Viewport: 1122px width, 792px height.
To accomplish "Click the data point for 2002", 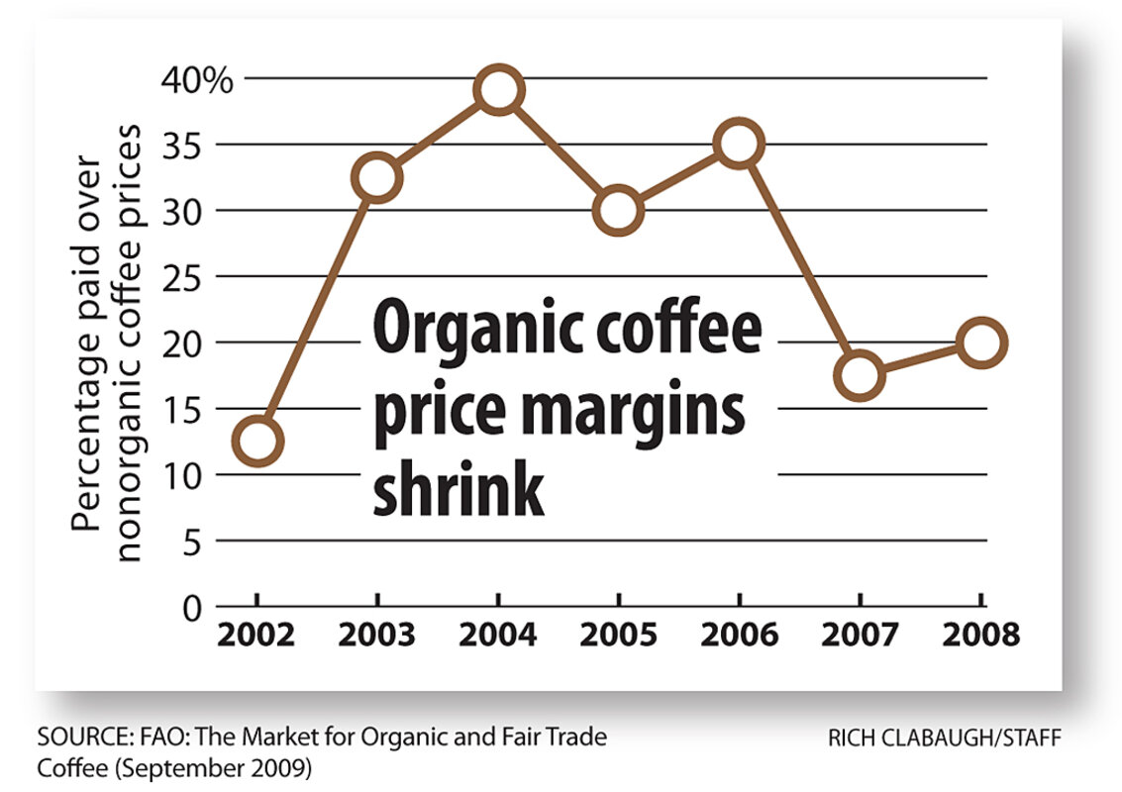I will click(257, 441).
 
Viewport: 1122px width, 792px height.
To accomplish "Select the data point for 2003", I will click(377, 178).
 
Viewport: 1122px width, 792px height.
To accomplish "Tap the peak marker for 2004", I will click(498, 90).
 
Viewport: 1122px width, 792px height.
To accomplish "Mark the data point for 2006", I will click(739, 144).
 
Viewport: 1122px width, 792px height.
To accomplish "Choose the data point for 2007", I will click(860, 375).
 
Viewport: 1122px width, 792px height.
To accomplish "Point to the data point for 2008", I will click(980, 343).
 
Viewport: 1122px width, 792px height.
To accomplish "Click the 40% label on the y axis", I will click(197, 79).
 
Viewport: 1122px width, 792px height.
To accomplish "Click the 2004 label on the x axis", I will click(498, 635).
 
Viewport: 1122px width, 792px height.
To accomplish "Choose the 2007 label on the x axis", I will click(860, 635).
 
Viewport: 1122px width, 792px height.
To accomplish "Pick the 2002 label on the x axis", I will click(257, 635).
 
